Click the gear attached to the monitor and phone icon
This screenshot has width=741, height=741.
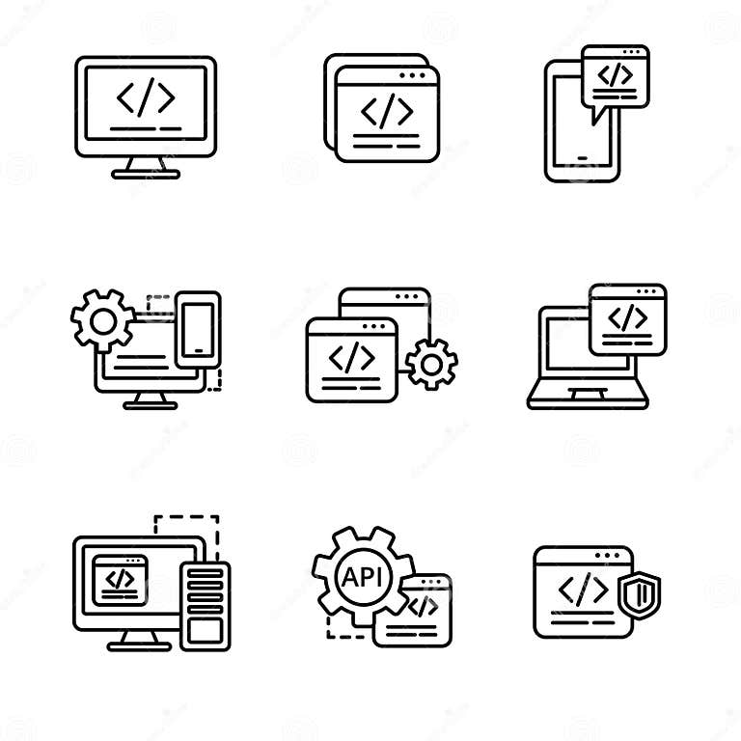click(x=103, y=316)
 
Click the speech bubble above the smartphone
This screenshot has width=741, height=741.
click(x=616, y=78)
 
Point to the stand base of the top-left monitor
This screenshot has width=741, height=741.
click(x=146, y=174)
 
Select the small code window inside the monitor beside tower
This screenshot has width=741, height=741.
click(x=120, y=579)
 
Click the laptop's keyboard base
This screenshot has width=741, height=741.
click(x=588, y=400)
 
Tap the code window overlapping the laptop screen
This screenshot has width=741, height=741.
click(x=627, y=318)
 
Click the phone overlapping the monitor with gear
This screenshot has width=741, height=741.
click(x=200, y=328)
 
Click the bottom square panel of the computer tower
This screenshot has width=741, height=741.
click(x=205, y=630)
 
